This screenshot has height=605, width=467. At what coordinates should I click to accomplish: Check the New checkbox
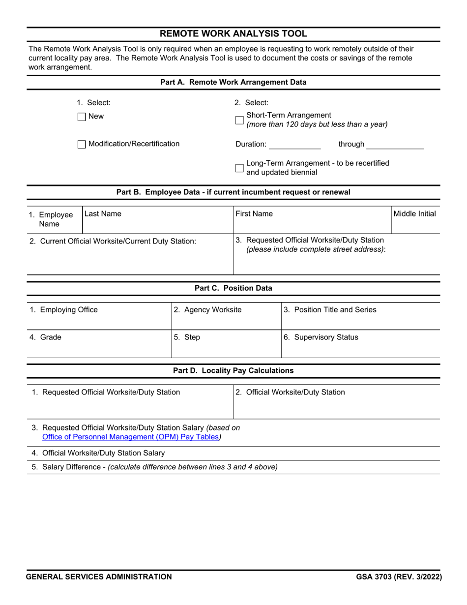coord(82,117)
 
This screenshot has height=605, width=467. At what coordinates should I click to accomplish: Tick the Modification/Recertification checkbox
coord(82,144)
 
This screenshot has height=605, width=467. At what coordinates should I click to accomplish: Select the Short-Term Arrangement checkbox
coord(239,120)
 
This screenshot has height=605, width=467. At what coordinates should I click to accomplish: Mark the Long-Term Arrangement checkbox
coord(239,168)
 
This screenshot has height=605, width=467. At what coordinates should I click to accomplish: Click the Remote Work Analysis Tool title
coord(233,34)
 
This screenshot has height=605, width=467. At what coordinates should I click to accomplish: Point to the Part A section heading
coord(233,82)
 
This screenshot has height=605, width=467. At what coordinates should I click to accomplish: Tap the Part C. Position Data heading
coord(233,288)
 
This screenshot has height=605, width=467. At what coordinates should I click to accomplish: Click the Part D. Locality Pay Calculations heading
coord(233,370)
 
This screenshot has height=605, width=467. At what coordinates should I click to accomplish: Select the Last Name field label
coord(103,214)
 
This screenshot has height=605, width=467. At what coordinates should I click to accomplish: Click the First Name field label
coord(254,214)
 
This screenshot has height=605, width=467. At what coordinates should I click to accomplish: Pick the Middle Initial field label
coord(414,214)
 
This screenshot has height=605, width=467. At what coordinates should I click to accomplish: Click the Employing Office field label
coord(64,310)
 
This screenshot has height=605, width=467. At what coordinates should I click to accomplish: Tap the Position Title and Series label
coord(330,310)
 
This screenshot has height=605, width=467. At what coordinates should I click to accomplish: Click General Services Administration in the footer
coord(99,577)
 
